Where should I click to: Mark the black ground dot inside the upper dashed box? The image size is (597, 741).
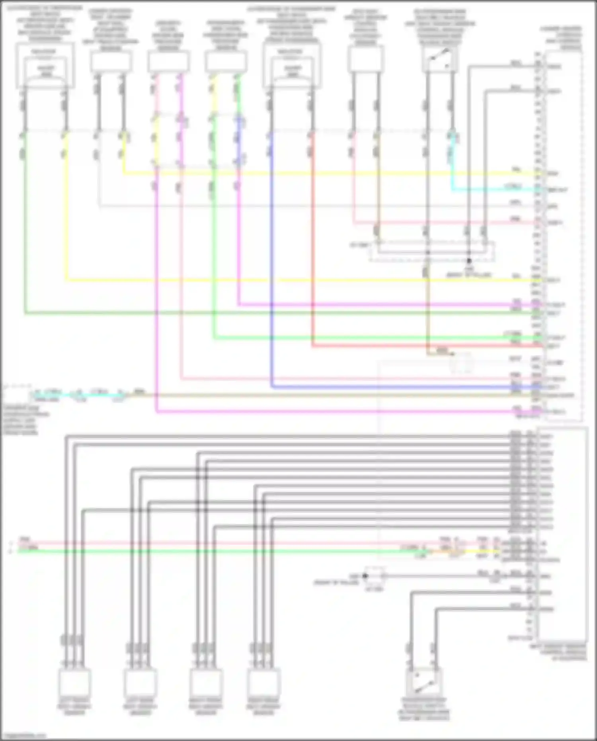coord(469,261)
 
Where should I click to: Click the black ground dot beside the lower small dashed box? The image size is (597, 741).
coord(365,576)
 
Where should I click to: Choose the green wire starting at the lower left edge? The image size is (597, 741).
coord(199,551)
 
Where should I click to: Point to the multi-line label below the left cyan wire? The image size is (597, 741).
coord(26,420)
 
